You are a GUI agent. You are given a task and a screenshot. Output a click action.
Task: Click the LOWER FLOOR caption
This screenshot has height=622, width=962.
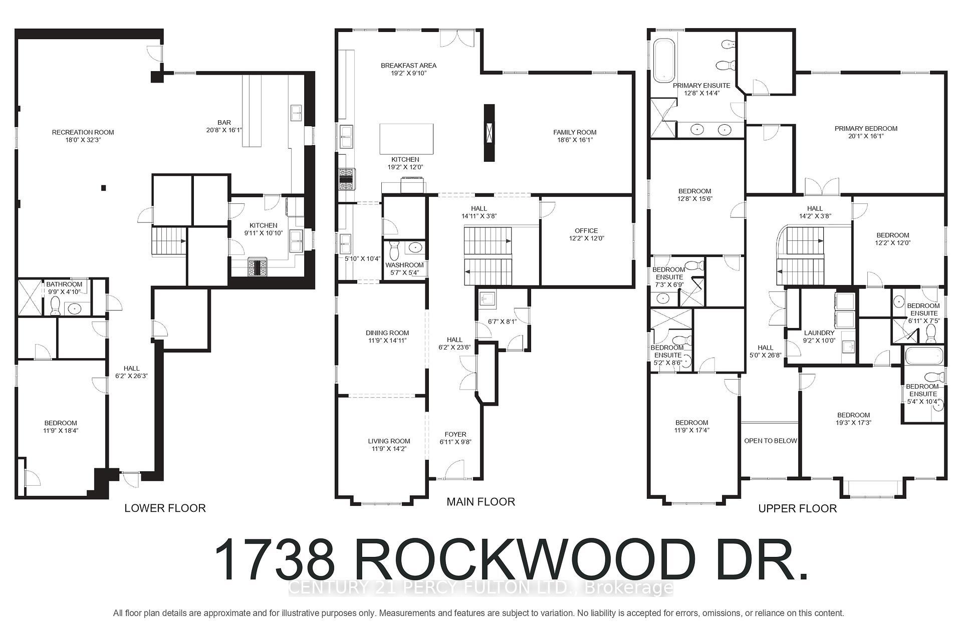[x=165, y=508]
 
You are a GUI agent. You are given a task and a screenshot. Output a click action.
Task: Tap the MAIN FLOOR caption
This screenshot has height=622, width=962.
[x=480, y=501]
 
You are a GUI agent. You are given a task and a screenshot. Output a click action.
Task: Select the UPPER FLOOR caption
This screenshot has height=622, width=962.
[x=797, y=508]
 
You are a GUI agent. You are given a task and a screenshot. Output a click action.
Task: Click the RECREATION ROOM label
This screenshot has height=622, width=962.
[x=83, y=133]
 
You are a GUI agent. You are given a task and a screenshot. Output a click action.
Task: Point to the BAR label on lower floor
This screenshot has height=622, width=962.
[x=224, y=123]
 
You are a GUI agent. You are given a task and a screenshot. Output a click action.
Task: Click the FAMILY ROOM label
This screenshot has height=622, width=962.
[x=575, y=133]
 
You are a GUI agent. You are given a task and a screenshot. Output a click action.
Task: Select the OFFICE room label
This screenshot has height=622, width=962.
[x=586, y=231]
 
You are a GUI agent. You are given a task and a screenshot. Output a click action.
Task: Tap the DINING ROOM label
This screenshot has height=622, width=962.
[x=387, y=333]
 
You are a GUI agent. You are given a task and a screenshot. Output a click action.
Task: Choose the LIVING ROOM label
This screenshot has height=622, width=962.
[x=389, y=441]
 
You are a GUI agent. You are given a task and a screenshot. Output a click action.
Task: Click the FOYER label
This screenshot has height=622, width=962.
[x=455, y=435]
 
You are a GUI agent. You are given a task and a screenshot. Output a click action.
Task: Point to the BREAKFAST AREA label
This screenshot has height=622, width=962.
[x=408, y=66]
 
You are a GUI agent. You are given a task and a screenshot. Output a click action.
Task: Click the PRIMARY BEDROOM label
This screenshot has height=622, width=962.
[x=866, y=129]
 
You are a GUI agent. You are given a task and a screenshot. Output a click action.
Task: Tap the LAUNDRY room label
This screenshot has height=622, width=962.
[x=819, y=333]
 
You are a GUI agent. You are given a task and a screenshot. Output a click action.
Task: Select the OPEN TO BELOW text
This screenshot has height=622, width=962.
[x=771, y=441]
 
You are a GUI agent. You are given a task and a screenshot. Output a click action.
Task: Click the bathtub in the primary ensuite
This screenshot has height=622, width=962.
[x=664, y=60]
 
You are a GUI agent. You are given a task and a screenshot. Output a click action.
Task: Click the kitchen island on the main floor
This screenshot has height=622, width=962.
[x=406, y=139]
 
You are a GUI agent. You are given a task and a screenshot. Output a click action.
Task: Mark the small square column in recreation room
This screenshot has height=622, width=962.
[x=104, y=188]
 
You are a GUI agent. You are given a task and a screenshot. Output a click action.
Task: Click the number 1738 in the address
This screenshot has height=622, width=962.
[x=275, y=560]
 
